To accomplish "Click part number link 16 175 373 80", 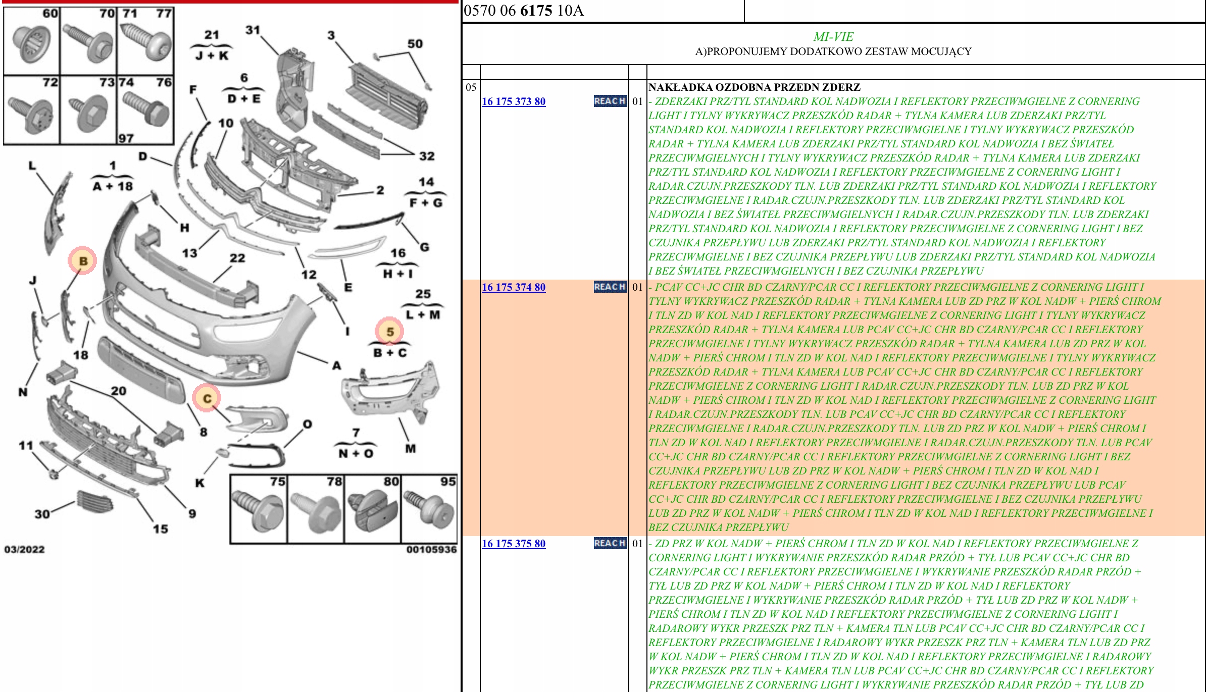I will point(513,101).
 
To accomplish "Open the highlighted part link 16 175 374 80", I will point(513,287).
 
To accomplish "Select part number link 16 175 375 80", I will point(513,544).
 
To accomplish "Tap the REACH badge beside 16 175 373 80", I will point(610,101).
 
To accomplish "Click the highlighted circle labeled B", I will point(83,260).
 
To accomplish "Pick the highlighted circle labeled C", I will point(207,398).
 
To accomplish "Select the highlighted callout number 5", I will point(389,332).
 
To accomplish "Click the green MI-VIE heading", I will point(833,37).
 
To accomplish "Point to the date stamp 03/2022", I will point(24,549).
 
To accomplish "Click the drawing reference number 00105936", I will point(431,549).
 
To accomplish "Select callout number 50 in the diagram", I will point(415,44).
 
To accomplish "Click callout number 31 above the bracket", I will point(253,30).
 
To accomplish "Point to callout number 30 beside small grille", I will point(42,514).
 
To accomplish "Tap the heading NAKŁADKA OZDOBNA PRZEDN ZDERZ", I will point(754,87).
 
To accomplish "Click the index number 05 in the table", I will point(471,87).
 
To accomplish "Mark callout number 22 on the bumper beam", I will point(237,258).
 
